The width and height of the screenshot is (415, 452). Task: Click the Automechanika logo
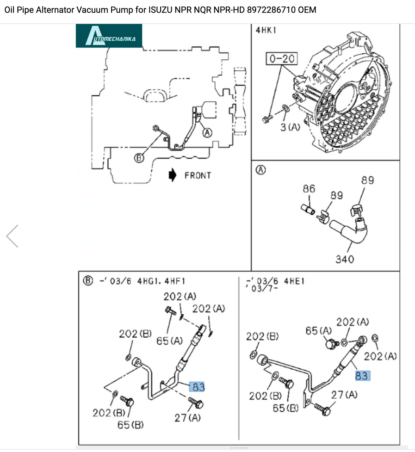109,36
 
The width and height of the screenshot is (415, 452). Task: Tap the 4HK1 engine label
266,30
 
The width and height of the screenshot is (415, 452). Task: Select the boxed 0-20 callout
282,59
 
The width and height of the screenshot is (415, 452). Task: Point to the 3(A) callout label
290,127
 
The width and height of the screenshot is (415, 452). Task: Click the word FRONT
198,176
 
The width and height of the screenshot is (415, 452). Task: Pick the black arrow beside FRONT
173,175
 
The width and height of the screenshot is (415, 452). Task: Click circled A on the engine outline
207,133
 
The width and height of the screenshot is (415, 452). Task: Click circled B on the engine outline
139,158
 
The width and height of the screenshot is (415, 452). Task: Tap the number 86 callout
309,189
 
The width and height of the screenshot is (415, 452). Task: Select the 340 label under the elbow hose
345,259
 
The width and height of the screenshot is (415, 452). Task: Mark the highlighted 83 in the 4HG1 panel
198,387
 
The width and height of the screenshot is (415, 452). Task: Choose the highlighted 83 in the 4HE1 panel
362,376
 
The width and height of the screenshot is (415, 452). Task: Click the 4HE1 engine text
294,281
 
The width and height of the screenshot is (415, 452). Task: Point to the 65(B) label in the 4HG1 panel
130,425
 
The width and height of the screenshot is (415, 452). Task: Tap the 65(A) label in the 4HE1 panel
318,331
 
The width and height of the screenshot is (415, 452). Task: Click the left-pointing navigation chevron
12,236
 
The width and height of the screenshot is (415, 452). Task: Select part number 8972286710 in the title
271,10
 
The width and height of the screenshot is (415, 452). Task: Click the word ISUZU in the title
160,10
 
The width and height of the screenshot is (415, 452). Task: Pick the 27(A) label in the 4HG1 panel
187,417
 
